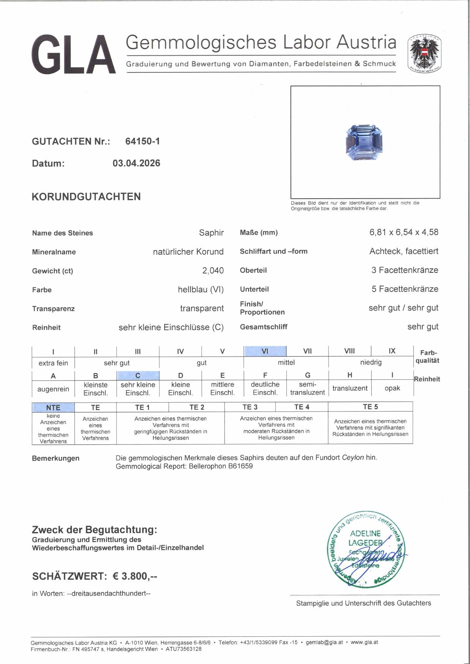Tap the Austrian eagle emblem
(x=424, y=54)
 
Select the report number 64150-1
(x=142, y=141)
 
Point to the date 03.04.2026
(x=136, y=163)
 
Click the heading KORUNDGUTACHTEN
(x=86, y=197)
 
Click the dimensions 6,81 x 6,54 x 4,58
(x=404, y=232)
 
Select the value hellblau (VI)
(x=201, y=290)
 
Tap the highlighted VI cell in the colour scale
(x=265, y=351)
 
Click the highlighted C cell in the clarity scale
(x=138, y=376)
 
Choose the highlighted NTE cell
(x=53, y=407)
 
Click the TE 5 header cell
(x=370, y=407)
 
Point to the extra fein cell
(x=53, y=363)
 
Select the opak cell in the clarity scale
(x=392, y=388)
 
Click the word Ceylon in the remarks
(x=353, y=457)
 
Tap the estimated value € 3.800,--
(x=135, y=576)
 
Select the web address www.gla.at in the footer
(x=364, y=642)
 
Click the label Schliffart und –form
(x=274, y=251)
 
